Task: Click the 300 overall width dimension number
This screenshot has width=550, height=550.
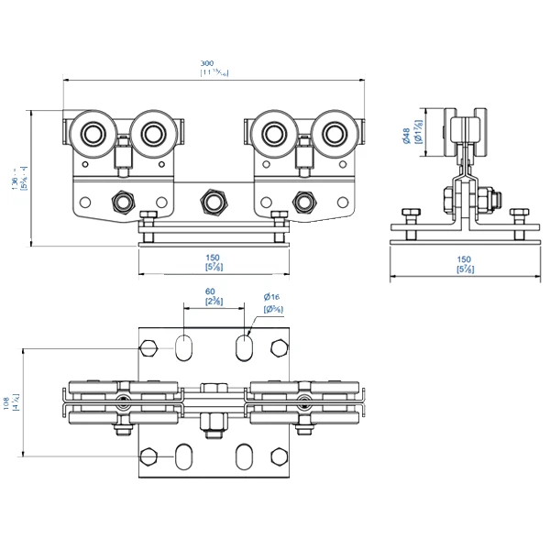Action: (x=213, y=63)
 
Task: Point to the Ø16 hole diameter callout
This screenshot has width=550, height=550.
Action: (x=271, y=297)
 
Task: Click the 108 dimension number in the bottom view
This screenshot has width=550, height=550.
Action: (x=6, y=401)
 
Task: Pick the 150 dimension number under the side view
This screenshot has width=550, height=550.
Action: (x=464, y=259)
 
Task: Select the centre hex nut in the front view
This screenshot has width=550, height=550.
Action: (x=214, y=200)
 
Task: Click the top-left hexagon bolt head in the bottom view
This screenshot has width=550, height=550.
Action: (x=148, y=347)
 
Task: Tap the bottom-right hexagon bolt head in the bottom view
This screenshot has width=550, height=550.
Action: (x=279, y=456)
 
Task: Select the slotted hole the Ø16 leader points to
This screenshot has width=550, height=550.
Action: (x=246, y=346)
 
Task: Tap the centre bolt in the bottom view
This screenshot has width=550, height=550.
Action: (x=214, y=422)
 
